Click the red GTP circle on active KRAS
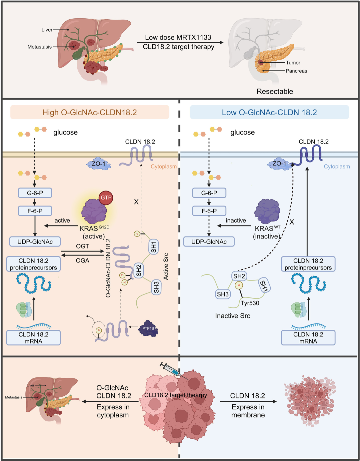tap(106, 198)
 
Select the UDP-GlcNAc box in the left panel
tap(35, 241)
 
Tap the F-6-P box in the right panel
tap(209, 211)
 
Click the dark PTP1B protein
tap(148, 328)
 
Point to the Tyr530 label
tap(250, 303)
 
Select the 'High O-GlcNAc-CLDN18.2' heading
tap(89, 112)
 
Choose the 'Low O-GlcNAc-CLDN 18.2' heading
tap(269, 112)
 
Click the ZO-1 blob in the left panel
tap(99, 164)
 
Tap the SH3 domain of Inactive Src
tap(223, 294)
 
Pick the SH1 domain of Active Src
tap(153, 246)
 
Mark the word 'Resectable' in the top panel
tap(275, 91)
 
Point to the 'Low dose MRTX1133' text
tap(178, 37)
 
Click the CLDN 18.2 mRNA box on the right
tap(308, 338)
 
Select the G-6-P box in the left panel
tap(35, 193)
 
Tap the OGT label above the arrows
tap(82, 246)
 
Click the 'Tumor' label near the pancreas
tap(293, 63)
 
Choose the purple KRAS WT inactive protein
tap(267, 212)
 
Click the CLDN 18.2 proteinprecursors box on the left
tap(33, 264)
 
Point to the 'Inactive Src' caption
tap(232, 316)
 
